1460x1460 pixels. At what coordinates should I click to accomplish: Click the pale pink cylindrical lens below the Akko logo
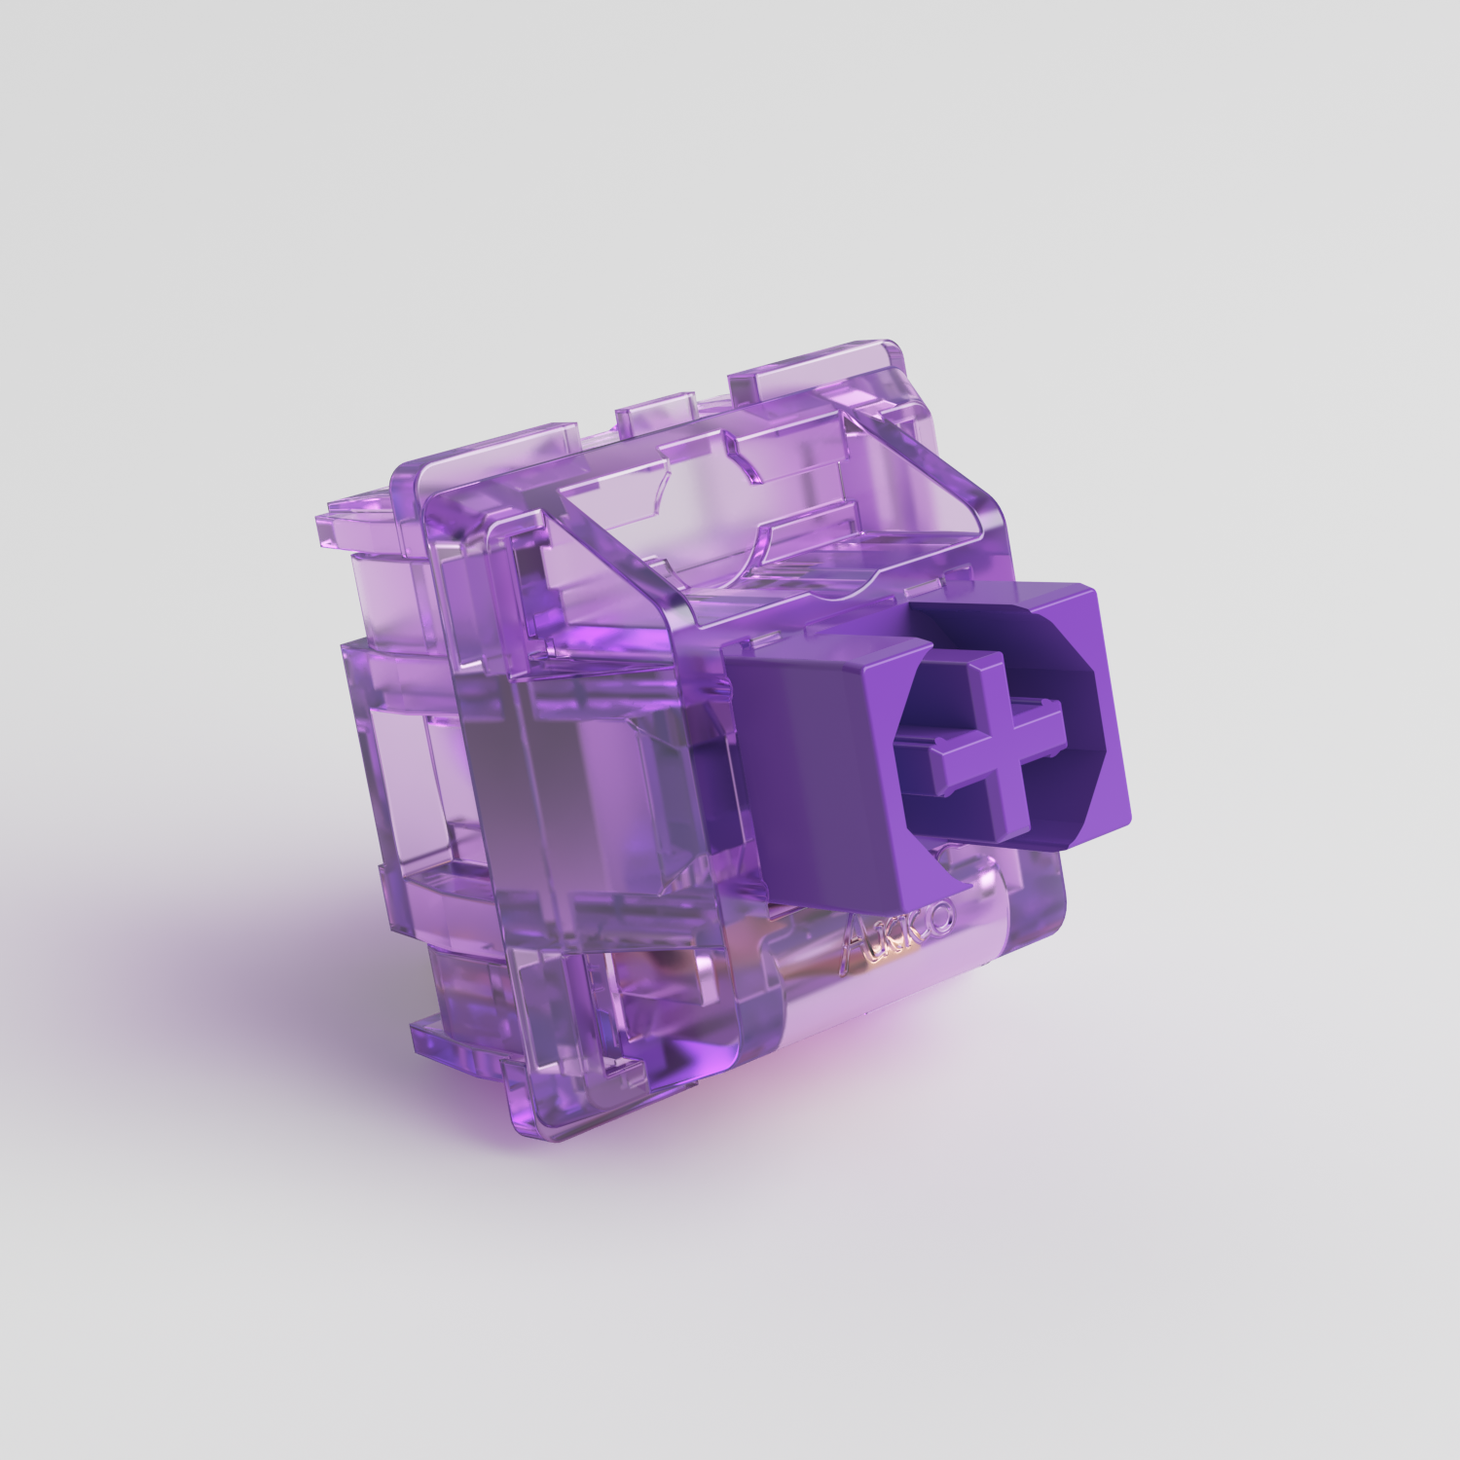(876, 1012)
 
